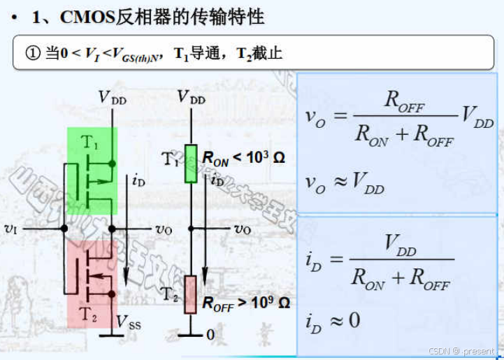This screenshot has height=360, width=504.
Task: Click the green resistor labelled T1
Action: coord(190,163)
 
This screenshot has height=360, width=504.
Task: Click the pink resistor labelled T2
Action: coord(190,294)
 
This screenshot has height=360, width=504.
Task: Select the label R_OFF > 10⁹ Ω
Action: coord(245,303)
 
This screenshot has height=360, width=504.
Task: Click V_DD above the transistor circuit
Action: coord(113,97)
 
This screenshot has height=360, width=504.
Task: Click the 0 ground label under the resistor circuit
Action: coord(210,335)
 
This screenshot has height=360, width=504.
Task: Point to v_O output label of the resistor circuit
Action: coord(243,229)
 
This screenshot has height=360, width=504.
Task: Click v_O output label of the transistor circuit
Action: coord(164,229)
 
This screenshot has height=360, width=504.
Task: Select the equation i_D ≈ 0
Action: coord(333,321)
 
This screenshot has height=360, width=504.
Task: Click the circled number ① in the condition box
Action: coord(34,53)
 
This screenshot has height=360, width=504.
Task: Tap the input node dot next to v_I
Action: coord(64,228)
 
